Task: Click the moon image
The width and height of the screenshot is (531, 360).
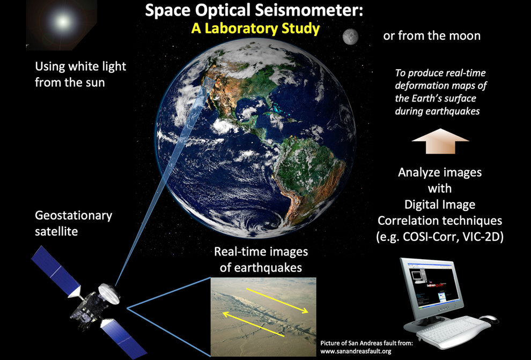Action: point(350,36)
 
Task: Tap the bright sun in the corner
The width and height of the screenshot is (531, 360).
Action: point(62,21)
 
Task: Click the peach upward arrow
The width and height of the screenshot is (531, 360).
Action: point(440,141)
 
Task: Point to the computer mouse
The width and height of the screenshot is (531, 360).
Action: point(489,319)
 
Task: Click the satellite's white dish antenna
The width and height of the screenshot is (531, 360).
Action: point(109,293)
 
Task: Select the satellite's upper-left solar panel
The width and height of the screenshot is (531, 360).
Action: point(55,270)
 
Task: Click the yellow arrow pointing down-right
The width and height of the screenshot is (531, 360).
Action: point(277,301)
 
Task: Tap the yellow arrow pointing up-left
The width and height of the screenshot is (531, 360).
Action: point(253,325)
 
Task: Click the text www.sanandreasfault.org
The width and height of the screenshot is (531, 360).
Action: point(356,351)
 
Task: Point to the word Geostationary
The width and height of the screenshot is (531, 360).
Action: point(73,216)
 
